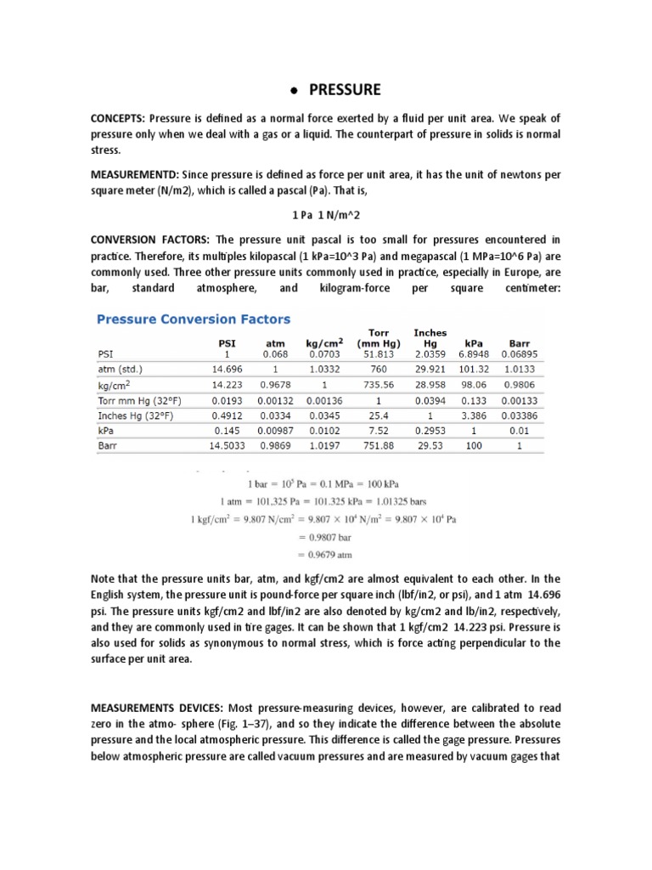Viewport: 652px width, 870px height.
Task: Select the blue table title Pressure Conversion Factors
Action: tap(193, 320)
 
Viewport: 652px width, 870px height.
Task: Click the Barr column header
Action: tap(519, 344)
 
